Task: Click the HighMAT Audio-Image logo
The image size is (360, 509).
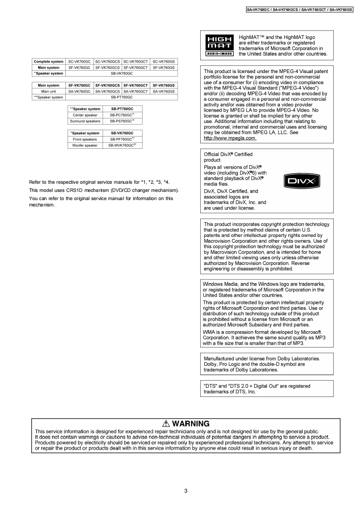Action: [220, 45]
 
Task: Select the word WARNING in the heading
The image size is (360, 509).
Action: [191, 424]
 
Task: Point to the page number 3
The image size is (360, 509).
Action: [186, 490]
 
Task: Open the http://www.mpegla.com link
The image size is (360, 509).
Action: [230, 138]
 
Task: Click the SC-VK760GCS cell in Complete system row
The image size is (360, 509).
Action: [108, 62]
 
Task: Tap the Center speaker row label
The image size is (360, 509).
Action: [85, 115]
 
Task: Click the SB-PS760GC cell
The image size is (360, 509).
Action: [122, 121]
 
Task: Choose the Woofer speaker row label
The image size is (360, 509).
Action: [84, 145]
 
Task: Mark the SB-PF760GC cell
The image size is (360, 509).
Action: [122, 139]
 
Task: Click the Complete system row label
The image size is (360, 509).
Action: [49, 62]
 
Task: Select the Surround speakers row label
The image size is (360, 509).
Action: [85, 121]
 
